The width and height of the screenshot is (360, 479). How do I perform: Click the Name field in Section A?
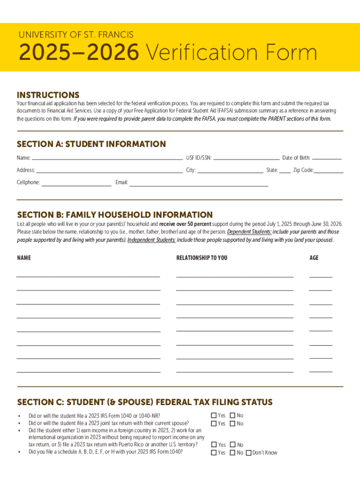click(107, 158)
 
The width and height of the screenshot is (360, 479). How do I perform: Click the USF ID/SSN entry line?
click(246, 158)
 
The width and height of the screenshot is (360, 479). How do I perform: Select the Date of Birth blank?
click(327, 158)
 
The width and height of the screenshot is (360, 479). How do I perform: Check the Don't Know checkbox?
click(249, 453)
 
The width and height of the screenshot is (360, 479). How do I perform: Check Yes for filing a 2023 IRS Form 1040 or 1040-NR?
click(214, 415)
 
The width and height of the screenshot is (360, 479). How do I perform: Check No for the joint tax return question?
click(232, 424)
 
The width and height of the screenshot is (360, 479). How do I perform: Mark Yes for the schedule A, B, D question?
click(214, 453)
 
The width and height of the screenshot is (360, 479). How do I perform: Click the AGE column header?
click(314, 258)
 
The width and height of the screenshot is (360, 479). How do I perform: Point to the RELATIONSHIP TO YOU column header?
click(202, 258)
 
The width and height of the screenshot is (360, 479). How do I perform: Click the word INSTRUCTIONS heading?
click(48, 95)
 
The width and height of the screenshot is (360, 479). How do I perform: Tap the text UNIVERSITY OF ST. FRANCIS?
click(76, 35)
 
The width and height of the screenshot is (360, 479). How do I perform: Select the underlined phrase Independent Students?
click(151, 240)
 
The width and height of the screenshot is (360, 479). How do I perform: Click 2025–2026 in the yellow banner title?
click(79, 53)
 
